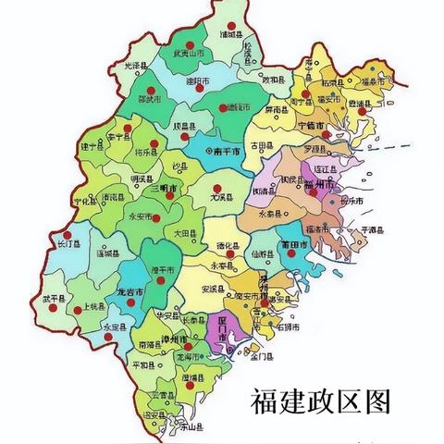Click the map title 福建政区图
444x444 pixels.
[320, 401]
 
